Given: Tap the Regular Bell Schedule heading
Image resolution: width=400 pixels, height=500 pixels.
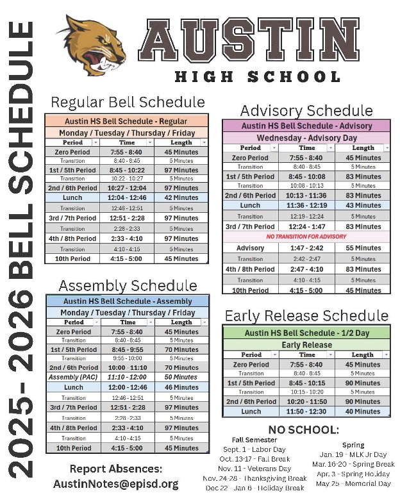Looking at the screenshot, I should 128,102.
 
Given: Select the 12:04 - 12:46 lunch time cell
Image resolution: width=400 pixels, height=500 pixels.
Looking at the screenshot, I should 127,198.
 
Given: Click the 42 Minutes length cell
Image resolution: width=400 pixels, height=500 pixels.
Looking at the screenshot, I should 181,198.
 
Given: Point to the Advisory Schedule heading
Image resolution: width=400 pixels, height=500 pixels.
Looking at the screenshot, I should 306,110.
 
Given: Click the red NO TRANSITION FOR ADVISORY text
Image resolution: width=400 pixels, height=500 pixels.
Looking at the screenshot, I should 306,237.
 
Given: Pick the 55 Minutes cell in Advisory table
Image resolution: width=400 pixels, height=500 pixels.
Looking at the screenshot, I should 363,248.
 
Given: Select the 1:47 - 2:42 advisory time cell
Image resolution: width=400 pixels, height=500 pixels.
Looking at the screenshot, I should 306,248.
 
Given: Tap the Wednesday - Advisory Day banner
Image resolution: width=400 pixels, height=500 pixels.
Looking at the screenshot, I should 306,138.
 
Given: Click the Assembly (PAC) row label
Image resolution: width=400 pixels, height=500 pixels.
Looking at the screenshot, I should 73,378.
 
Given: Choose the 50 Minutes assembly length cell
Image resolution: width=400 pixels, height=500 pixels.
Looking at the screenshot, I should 181,378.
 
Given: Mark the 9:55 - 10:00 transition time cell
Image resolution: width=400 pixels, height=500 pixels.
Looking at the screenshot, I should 127,358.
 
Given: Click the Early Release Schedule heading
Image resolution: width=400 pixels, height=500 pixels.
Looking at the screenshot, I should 306,315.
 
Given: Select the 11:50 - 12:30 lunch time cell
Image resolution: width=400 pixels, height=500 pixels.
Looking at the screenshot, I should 306,412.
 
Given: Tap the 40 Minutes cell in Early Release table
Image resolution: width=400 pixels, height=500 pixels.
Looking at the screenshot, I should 363,412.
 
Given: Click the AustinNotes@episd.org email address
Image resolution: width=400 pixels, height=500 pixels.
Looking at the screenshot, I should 115,483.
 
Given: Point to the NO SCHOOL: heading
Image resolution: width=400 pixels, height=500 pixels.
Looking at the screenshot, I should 303,429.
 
